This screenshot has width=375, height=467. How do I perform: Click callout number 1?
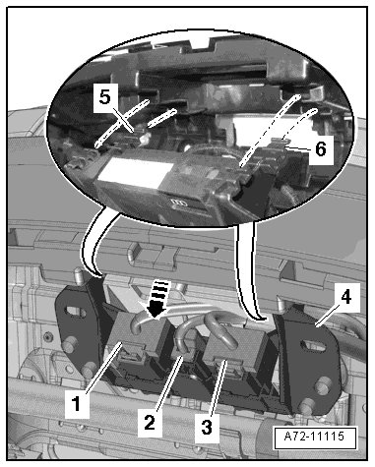(77, 404)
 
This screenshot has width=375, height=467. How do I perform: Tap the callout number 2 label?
(150, 421)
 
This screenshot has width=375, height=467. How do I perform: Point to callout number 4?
(346, 298)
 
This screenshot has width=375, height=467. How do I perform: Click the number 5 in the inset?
(104, 97)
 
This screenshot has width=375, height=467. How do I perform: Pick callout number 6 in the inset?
(321, 149)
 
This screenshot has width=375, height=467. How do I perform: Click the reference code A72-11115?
(314, 437)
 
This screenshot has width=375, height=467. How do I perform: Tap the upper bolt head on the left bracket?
(69, 346)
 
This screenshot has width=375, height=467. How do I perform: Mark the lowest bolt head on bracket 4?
(306, 407)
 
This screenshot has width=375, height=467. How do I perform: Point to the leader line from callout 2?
(167, 383)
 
